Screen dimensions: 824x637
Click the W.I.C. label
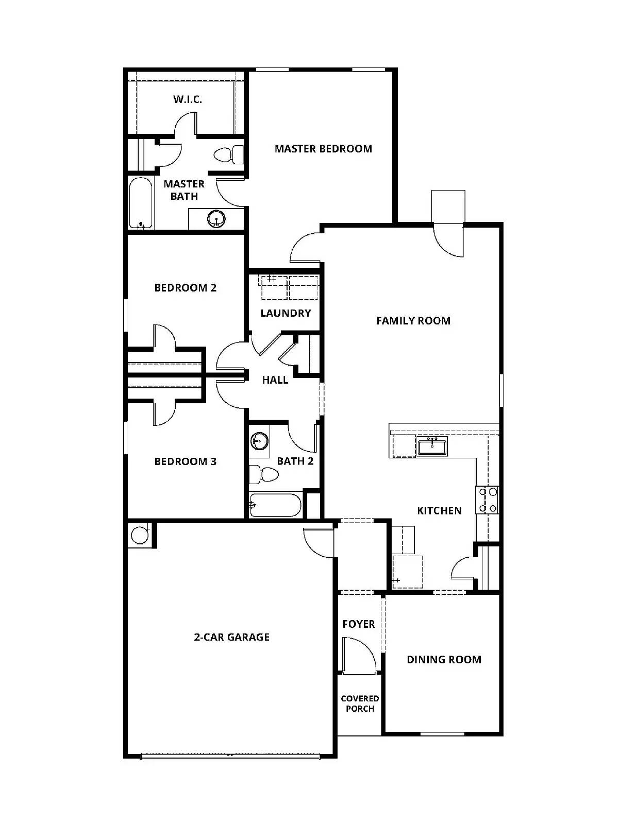point(188,99)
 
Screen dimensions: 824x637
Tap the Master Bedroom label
point(323,149)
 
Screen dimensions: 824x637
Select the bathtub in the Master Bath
point(141,203)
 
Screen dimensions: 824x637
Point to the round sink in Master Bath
point(216,219)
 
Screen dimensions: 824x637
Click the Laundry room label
point(286,313)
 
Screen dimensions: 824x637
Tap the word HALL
point(275,380)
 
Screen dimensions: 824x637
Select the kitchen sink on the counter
point(432,446)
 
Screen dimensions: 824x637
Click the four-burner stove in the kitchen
point(487,500)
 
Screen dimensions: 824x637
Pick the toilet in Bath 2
point(261,474)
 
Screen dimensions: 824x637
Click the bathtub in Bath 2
point(275,506)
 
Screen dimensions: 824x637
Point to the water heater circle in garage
point(139,535)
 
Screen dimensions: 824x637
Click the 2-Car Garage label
point(231,637)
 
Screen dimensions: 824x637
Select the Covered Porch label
point(360,703)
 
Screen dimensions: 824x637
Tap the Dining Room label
point(444,660)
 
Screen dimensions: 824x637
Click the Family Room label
point(413,321)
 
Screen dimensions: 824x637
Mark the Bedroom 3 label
point(185,461)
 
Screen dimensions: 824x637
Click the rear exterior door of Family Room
point(448,240)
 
